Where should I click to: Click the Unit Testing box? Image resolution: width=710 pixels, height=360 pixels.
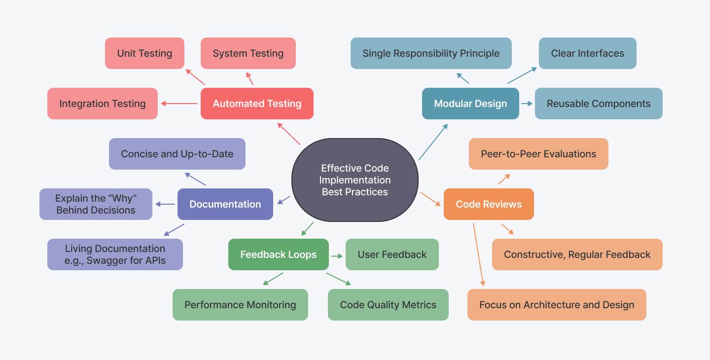click(144, 53)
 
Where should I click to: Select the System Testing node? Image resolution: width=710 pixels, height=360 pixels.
click(248, 53)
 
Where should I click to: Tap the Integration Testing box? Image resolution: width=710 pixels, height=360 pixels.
click(103, 104)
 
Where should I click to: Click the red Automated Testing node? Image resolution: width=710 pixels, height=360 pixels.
click(257, 104)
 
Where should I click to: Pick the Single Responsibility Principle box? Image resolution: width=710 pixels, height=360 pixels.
click(431, 53)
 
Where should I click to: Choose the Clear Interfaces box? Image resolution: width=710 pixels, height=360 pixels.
click(587, 53)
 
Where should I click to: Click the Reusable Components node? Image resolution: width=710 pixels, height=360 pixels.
click(599, 104)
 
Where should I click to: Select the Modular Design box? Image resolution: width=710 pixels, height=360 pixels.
click(470, 104)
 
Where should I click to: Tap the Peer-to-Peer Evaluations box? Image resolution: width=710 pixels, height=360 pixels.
click(538, 154)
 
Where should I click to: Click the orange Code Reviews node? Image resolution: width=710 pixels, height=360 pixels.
click(489, 204)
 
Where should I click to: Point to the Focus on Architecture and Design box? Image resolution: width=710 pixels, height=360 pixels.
click(557, 305)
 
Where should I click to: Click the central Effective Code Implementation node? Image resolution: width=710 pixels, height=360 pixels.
click(355, 180)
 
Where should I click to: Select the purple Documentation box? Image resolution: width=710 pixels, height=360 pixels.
click(225, 204)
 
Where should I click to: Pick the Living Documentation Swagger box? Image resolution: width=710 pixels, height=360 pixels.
click(115, 254)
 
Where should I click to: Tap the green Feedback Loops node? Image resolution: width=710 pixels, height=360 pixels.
click(279, 254)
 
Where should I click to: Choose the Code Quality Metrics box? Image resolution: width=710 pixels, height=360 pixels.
click(388, 305)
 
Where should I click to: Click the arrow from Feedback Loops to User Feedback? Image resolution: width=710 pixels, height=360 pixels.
click(337, 256)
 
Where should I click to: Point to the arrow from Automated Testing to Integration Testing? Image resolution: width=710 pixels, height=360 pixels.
click(179, 104)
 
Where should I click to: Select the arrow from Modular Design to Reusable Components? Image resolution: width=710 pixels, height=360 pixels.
click(527, 104)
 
